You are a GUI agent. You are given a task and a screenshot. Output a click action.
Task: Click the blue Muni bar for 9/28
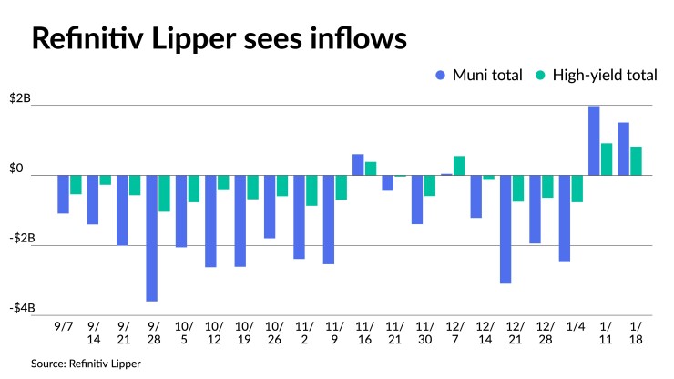[151, 238]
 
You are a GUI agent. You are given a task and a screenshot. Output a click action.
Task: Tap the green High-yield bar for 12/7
[459, 165]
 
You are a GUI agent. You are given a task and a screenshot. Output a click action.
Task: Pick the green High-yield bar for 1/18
[636, 160]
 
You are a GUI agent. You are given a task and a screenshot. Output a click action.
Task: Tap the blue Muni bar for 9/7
[63, 194]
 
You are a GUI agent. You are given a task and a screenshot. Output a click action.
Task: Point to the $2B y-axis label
[19, 98]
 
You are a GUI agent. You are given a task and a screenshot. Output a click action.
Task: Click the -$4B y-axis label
[19, 308]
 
